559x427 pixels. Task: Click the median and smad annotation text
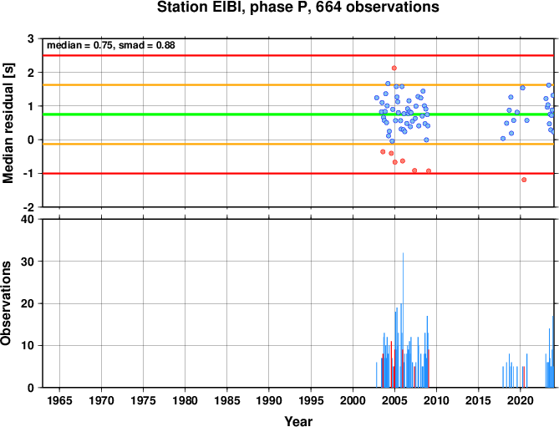[x=111, y=46]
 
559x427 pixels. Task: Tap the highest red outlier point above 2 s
[x=394, y=68]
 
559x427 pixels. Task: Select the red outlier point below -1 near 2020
[x=524, y=180]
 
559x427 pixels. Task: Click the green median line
[x=298, y=114]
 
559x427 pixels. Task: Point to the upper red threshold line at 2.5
[x=298, y=56]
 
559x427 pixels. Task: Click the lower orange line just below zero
[x=298, y=144]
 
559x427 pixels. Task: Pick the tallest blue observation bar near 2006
[x=404, y=320]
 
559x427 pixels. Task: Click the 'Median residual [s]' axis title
[x=8, y=123]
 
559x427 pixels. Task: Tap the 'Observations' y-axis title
[x=6, y=303]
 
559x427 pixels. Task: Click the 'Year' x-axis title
[x=298, y=421]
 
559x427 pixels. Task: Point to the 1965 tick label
[x=59, y=400]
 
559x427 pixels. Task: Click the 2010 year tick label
[x=436, y=400]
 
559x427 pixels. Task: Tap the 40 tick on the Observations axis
[x=30, y=220]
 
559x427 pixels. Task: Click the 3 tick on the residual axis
[x=31, y=38]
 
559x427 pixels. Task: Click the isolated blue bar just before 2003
[x=377, y=375]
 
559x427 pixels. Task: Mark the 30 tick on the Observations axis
[x=30, y=262]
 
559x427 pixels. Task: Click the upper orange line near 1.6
[x=298, y=85]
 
